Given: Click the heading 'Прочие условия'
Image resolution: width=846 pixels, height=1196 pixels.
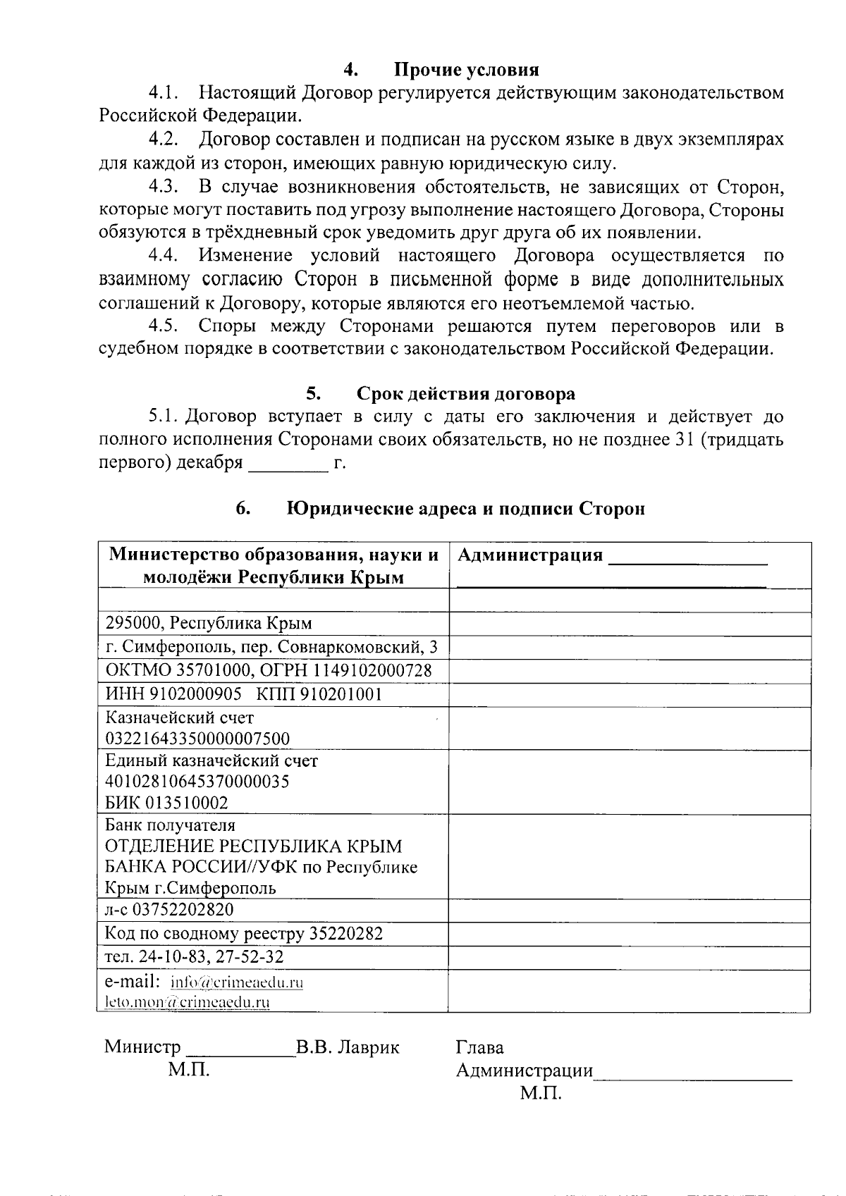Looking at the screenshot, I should [466, 70].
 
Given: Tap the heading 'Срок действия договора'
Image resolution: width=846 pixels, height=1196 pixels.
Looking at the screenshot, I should [465, 393].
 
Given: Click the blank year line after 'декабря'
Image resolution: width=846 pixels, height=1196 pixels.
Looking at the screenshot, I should [289, 464].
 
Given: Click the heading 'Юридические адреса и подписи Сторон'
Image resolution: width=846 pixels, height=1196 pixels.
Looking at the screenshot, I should [465, 508].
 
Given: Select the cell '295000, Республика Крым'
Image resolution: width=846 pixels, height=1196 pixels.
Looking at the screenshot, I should [209, 623].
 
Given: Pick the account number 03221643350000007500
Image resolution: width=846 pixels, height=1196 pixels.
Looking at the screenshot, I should [197, 739].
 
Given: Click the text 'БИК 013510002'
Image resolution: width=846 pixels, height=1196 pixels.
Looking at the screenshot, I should [166, 803].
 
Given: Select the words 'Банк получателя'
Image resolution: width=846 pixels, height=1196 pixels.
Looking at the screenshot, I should [170, 825].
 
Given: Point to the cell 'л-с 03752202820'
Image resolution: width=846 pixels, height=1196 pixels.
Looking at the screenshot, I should [169, 909].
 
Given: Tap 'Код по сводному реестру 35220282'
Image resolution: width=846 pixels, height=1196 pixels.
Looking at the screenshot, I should [244, 934].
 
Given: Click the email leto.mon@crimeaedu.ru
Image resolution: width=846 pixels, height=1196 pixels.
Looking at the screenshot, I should [188, 1001].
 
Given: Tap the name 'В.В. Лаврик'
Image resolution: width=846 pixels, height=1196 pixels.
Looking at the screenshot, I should [348, 1047].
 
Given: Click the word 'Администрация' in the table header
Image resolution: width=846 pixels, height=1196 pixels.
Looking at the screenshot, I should [530, 555].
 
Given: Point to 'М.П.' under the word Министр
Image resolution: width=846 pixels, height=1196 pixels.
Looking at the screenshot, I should [189, 1070].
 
